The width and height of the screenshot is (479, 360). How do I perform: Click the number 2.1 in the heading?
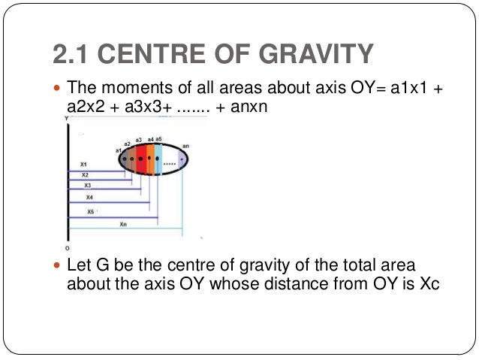70,54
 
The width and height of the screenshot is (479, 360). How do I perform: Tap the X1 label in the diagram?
83,164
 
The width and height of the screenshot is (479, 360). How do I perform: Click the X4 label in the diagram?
90,197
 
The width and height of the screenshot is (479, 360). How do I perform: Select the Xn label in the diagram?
123,224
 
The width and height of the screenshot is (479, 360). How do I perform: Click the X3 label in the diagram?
87,185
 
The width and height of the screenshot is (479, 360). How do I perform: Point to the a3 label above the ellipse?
139,140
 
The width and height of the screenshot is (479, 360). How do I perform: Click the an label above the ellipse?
185,145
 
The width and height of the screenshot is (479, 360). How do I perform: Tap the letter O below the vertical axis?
67,247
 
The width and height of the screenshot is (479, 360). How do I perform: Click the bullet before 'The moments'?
59,89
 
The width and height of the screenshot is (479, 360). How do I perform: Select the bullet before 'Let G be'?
59,267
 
